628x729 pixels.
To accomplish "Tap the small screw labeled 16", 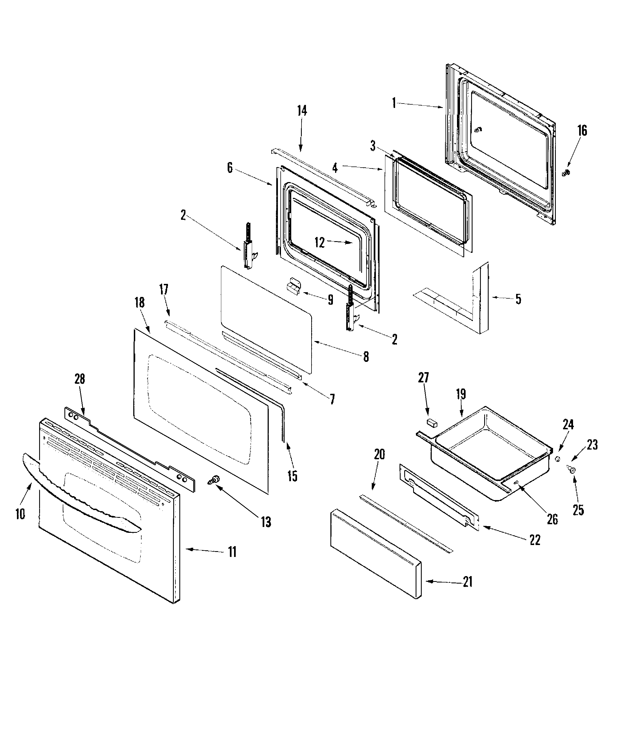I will coord(566,173).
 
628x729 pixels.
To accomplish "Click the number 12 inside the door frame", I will coord(319,243).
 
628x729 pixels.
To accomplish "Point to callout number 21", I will coord(467,582).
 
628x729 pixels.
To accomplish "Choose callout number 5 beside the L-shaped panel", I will coord(518,299).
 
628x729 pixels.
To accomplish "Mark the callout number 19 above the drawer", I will coord(461,394).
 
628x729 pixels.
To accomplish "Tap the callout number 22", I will coord(535,540).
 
